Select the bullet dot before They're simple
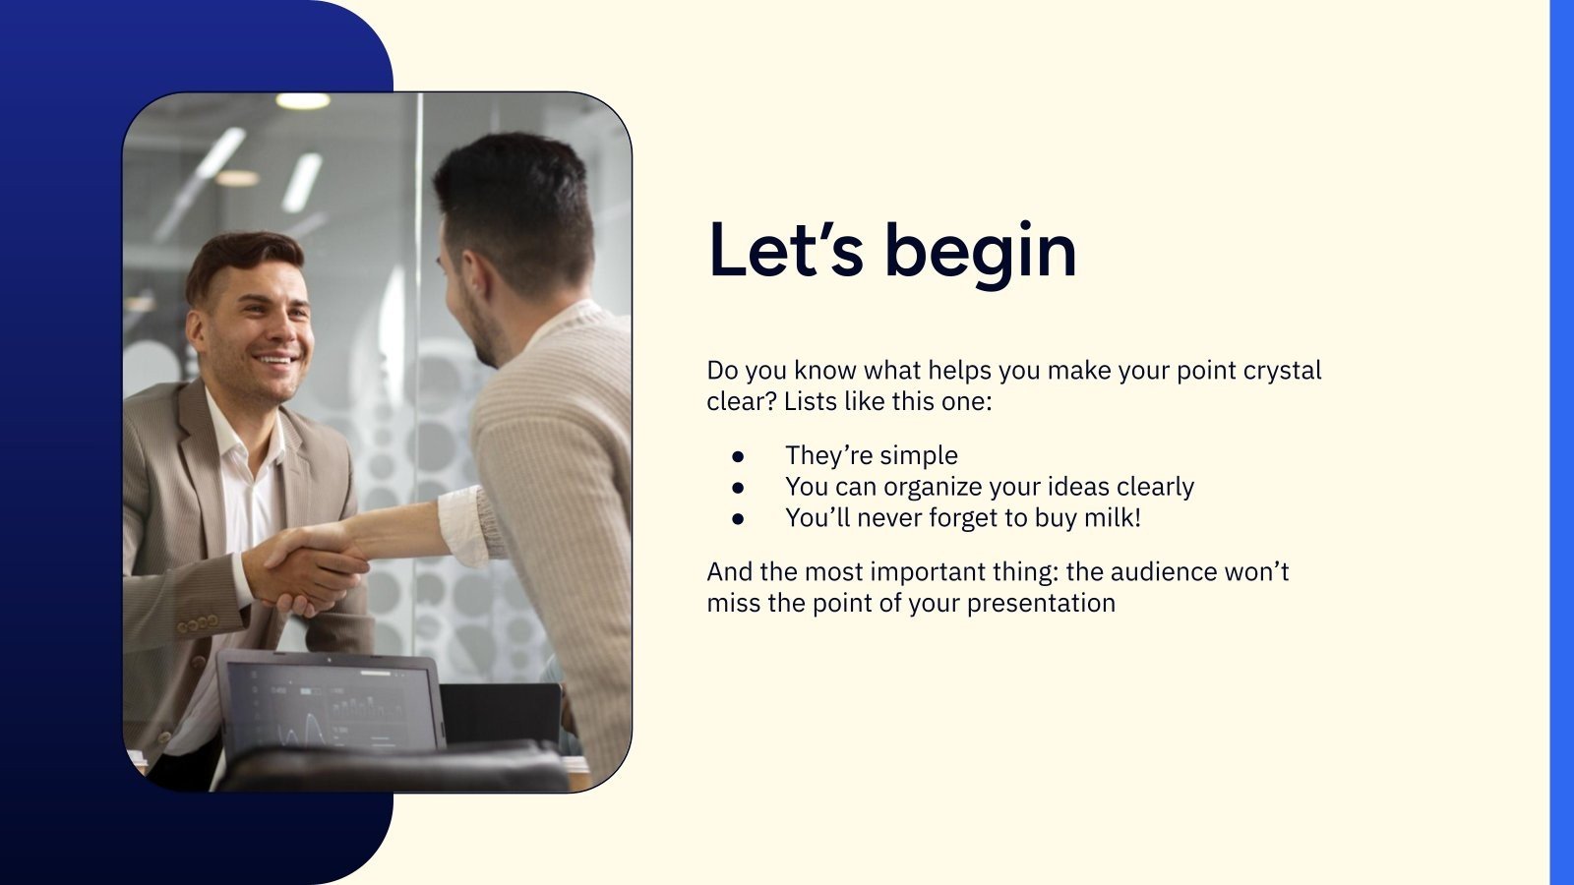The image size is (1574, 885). pos(738,456)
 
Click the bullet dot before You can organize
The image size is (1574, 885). pos(738,488)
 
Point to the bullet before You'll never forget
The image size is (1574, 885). pos(738,519)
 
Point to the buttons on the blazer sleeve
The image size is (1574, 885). pos(198,623)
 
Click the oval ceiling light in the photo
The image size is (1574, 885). pos(302,101)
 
